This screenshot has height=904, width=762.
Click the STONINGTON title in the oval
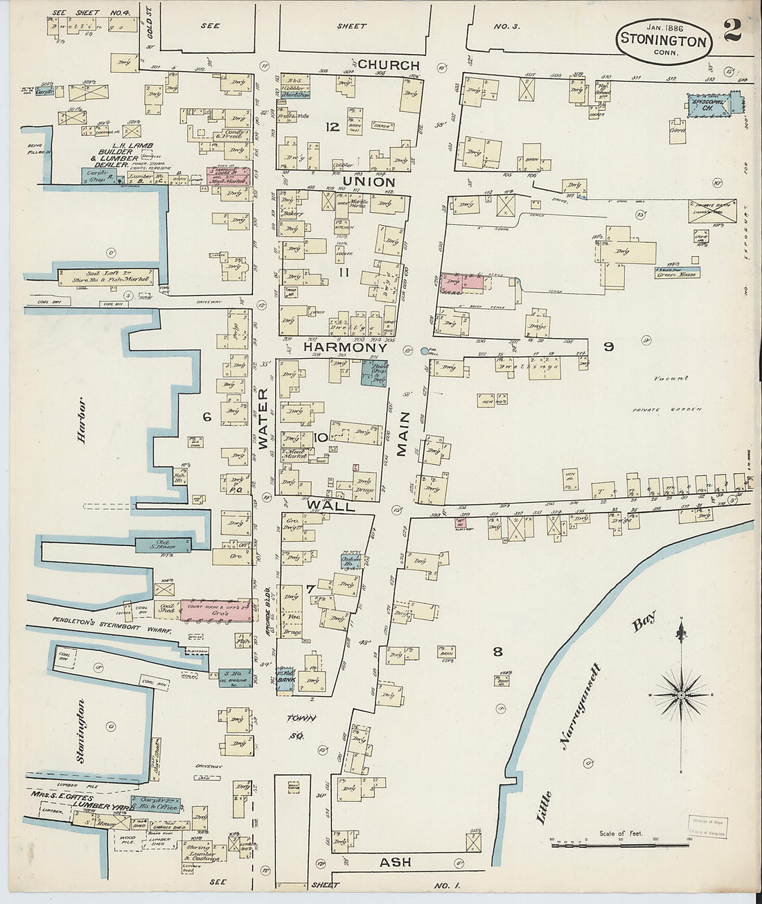[x=663, y=39]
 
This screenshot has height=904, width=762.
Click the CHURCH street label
[x=389, y=65]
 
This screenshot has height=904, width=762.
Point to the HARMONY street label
[x=345, y=347]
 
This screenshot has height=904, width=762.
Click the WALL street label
[x=331, y=506]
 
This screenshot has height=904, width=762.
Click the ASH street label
[x=396, y=862]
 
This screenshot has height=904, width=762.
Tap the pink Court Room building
[x=217, y=610]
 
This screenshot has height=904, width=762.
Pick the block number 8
[x=497, y=651]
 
